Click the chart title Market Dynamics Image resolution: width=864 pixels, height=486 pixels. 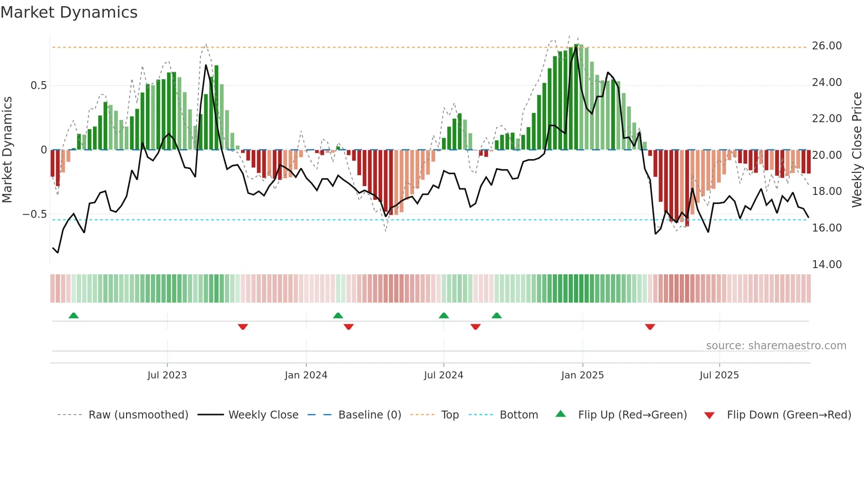click(x=69, y=12)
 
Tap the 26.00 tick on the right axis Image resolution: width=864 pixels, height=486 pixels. click(x=827, y=46)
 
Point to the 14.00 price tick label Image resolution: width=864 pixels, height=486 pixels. click(x=827, y=265)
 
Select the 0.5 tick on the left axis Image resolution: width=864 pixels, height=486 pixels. click(x=39, y=86)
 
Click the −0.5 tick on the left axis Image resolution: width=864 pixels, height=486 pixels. click(x=35, y=214)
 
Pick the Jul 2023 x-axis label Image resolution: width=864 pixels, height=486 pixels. click(x=167, y=375)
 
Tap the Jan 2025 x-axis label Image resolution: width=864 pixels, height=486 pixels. click(x=582, y=375)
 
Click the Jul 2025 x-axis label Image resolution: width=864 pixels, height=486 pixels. click(x=719, y=375)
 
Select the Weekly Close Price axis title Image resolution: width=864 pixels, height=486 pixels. click(x=857, y=150)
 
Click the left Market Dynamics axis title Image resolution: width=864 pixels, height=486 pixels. click(x=7, y=150)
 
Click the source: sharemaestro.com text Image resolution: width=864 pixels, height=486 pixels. click(x=776, y=346)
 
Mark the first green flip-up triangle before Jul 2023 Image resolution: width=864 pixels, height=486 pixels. click(x=74, y=316)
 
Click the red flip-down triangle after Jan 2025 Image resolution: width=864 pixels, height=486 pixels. click(x=650, y=327)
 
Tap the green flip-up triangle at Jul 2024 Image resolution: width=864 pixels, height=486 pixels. click(x=444, y=316)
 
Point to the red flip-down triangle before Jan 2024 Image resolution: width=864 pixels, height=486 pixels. click(x=243, y=327)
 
